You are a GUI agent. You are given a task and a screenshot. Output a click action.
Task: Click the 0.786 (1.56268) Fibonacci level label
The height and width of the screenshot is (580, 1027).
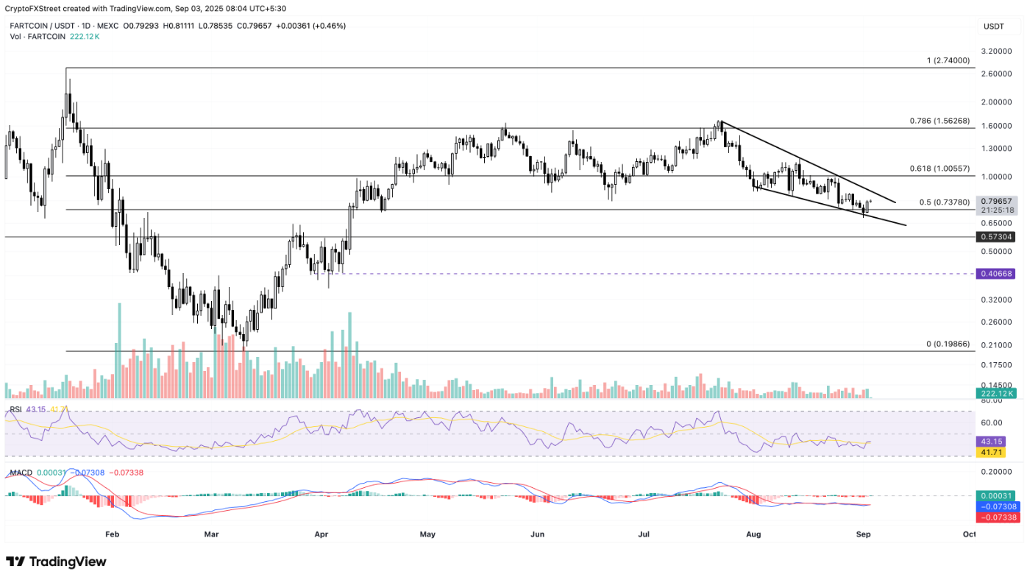tap(939, 121)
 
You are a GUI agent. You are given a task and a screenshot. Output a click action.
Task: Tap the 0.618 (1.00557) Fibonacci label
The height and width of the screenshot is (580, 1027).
tap(939, 169)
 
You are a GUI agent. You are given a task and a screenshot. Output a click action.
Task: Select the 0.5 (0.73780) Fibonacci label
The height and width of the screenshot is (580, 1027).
tap(944, 202)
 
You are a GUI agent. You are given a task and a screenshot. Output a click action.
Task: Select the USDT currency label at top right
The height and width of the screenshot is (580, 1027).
tap(993, 27)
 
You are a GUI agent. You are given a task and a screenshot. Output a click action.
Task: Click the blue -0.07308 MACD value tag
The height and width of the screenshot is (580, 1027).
tap(998, 507)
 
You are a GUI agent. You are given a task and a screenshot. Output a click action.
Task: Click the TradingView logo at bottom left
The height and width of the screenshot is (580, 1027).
tap(57, 562)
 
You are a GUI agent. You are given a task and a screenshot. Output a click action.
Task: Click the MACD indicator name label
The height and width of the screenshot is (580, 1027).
tap(20, 471)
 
